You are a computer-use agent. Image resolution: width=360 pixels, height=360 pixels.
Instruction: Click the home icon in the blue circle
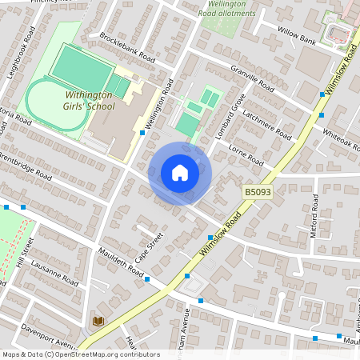coord(180,173)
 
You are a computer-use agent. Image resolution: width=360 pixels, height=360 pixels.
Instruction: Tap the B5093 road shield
coord(258,193)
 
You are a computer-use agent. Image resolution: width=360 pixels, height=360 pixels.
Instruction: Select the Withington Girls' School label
coord(90,101)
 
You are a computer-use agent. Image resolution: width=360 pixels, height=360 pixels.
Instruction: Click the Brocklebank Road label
coord(127,48)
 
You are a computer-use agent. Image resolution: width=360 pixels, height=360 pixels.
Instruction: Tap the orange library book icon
coord(98,321)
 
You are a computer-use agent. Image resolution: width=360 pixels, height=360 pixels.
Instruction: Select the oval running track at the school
coord(57,104)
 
